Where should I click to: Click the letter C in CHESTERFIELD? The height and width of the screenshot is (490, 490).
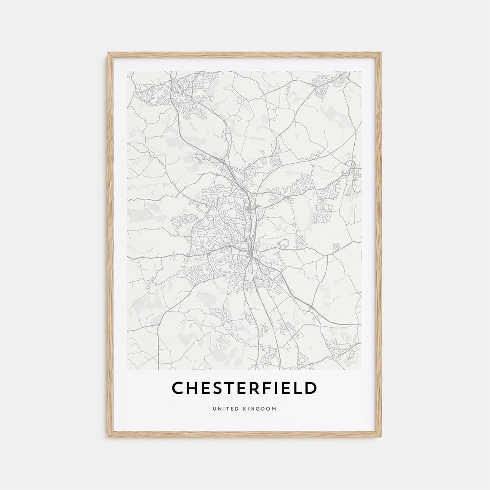[x=178, y=388]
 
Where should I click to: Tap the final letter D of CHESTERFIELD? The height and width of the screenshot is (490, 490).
[x=311, y=388]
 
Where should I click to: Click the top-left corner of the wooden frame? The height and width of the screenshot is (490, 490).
[x=108, y=53]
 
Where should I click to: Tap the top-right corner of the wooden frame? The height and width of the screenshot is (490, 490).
[x=381, y=53]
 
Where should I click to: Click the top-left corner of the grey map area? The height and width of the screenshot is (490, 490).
[x=127, y=71]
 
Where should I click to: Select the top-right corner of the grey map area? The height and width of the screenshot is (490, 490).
[x=362, y=71]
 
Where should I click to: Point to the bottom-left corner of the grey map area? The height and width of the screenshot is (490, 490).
[x=127, y=370]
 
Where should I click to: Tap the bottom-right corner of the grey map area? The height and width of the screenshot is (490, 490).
[x=362, y=370]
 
